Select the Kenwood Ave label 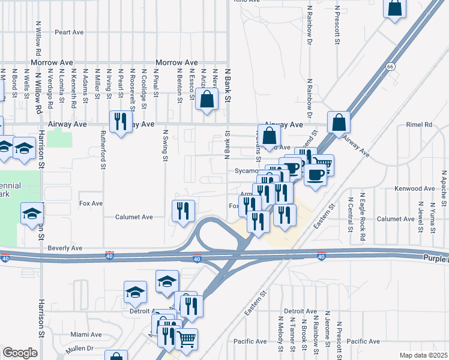tap(414, 188)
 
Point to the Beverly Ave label tap(65, 248)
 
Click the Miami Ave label tap(85, 334)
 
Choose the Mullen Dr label tap(82, 348)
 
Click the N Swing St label tap(164, 146)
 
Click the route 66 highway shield tap(391, 67)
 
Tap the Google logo tap(20, 353)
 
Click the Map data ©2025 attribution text tap(423, 355)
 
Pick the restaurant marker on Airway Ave tap(121, 122)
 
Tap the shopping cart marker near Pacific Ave tap(186, 339)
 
